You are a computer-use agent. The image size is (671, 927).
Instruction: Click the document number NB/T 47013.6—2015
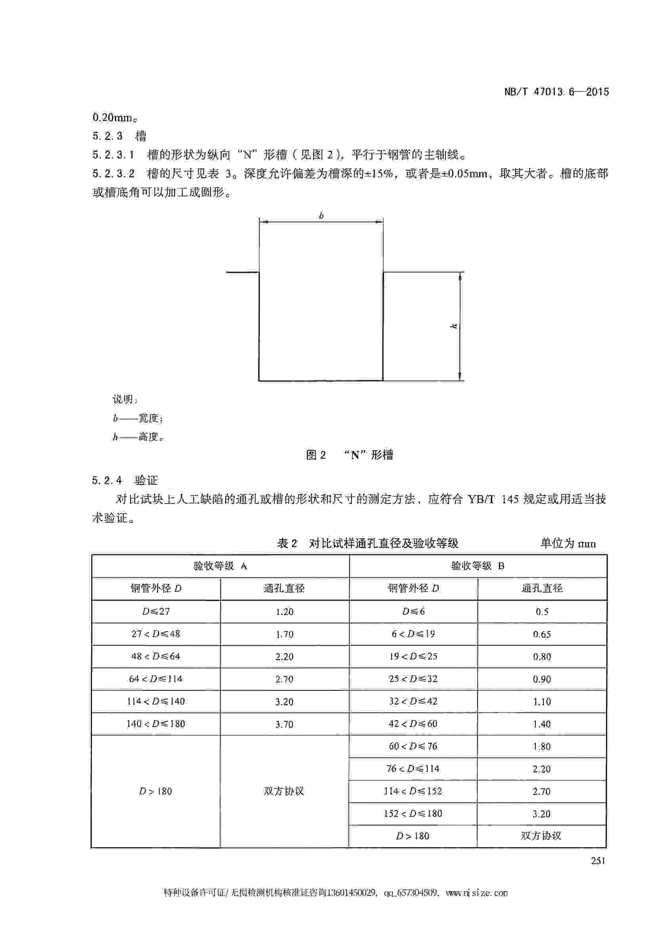[556, 92]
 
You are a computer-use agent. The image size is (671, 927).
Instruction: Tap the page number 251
[597, 860]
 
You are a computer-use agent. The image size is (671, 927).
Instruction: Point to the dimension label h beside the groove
[453, 326]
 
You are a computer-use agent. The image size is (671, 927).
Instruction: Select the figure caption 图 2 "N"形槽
[350, 455]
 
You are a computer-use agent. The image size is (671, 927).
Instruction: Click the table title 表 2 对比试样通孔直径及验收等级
[368, 543]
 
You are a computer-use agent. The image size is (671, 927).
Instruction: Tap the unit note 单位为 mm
[568, 543]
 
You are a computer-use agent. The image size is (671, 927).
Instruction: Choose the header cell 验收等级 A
[220, 566]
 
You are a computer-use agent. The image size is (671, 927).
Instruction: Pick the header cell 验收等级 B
[478, 566]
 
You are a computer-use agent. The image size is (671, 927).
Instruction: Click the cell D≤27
[156, 612]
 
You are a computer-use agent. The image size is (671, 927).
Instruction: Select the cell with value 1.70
[285, 635]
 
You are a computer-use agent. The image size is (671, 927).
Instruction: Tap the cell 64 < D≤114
[156, 679]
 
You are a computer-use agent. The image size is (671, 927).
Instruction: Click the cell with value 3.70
[285, 724]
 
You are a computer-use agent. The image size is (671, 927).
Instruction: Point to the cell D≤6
[413, 612]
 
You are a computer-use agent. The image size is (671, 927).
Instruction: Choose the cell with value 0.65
[542, 635]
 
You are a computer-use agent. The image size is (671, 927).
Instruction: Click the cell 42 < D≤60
[413, 724]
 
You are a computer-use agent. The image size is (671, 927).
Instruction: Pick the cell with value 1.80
[542, 747]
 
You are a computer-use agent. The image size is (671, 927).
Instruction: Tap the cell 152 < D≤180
[413, 813]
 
